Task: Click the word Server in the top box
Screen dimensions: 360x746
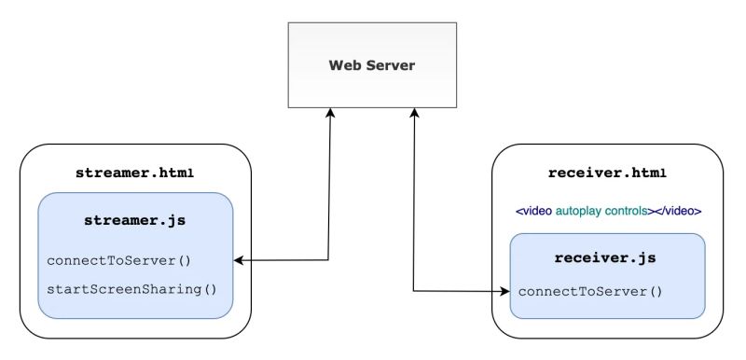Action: (389, 66)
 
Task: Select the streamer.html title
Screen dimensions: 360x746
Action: (134, 173)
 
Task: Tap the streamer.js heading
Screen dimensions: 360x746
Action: (134, 221)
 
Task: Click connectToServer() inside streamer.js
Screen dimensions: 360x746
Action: (125, 260)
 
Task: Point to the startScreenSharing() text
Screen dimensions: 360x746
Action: (131, 288)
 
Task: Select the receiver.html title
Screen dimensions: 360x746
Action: (607, 173)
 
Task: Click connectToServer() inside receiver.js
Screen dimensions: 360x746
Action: (590, 292)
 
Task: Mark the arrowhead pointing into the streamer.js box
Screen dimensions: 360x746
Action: (239, 260)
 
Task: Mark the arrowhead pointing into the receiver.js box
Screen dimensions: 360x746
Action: (504, 292)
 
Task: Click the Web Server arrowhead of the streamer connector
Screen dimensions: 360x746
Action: (330, 113)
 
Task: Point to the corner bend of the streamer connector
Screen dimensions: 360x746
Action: (329, 260)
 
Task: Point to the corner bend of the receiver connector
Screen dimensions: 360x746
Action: (414, 291)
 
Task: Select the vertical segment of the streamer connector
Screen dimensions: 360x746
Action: (329, 187)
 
